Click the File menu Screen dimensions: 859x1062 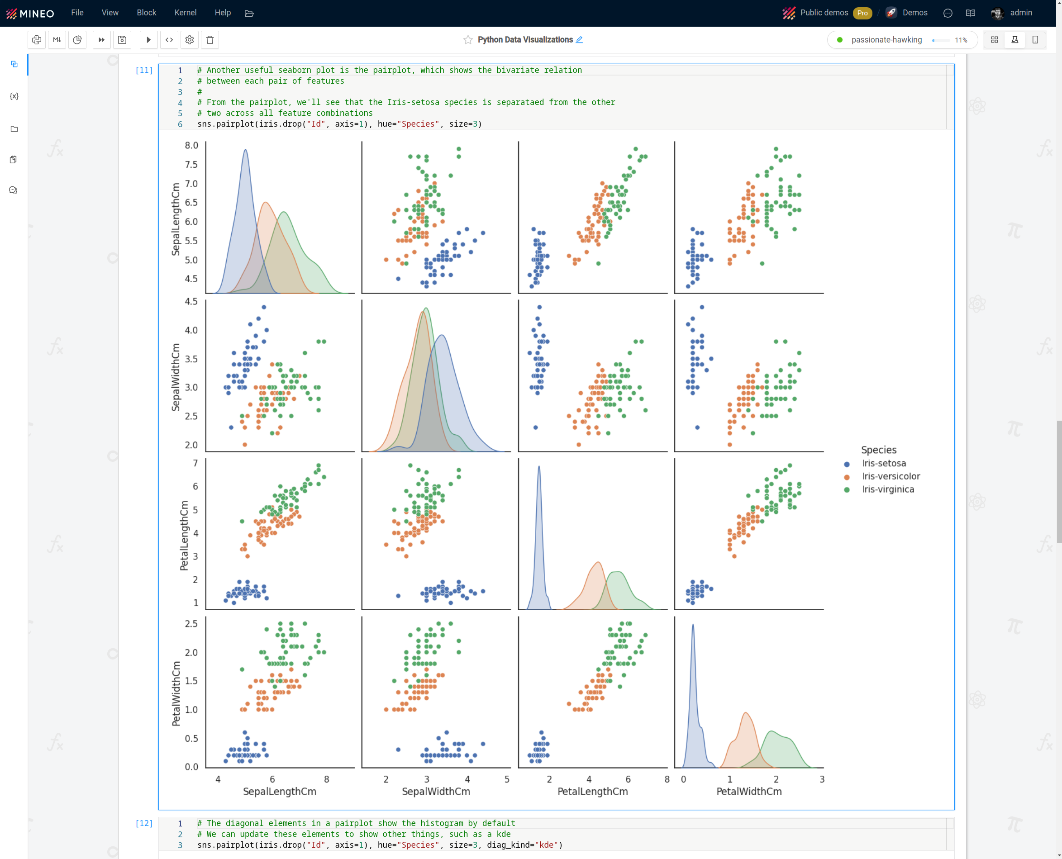(77, 13)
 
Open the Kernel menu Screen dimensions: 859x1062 (185, 13)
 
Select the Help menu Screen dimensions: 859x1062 (223, 13)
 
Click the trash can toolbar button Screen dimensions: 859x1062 (210, 40)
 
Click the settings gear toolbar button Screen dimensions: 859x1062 (190, 40)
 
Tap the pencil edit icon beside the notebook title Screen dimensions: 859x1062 (580, 40)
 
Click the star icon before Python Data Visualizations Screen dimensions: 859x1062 (468, 40)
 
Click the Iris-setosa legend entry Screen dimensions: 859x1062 (884, 464)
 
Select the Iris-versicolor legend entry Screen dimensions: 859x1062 (891, 476)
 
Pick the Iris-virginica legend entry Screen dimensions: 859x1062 (888, 489)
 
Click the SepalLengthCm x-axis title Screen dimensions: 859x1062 (280, 792)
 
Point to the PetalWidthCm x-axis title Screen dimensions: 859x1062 (749, 792)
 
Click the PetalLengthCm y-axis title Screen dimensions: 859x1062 (184, 536)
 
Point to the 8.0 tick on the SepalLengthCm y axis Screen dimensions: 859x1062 (191, 146)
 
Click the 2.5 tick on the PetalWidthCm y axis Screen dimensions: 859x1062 (191, 624)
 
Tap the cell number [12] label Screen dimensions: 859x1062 (144, 823)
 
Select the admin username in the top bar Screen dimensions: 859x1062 (1021, 13)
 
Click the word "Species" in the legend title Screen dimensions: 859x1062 (878, 450)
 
